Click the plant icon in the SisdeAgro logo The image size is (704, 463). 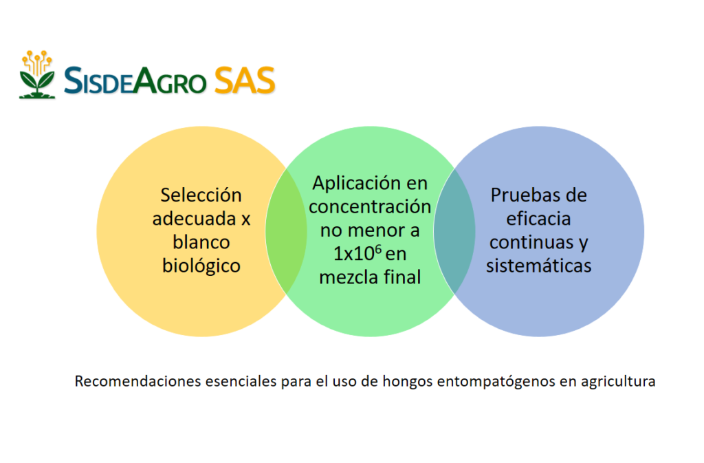pyautogui.click(x=37, y=74)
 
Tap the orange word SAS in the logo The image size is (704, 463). pyautogui.click(x=245, y=80)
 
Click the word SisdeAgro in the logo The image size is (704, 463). pyautogui.click(x=135, y=80)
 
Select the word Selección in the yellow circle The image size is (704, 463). pyautogui.click(x=201, y=195)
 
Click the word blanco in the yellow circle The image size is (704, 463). pyautogui.click(x=201, y=242)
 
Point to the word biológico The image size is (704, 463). pyautogui.click(x=201, y=266)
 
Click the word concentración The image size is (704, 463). pyautogui.click(x=370, y=206)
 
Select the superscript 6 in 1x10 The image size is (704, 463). pyautogui.click(x=378, y=249)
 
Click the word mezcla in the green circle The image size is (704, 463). pyautogui.click(x=348, y=277)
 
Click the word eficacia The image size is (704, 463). pyautogui.click(x=538, y=219)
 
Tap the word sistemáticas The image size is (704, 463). pyautogui.click(x=538, y=266)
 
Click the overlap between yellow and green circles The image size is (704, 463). pyautogui.click(x=286, y=231)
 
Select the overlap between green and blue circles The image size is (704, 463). pyautogui.click(x=454, y=231)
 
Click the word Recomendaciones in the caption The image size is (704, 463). pyautogui.click(x=137, y=381)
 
